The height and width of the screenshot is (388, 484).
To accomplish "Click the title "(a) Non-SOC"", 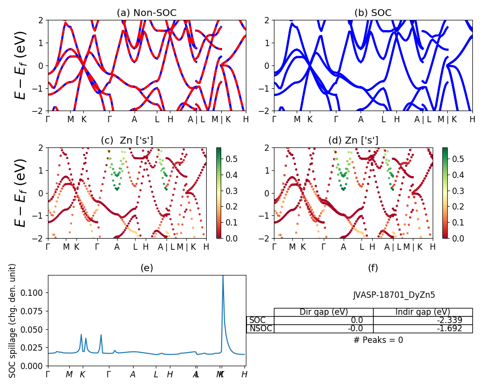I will coord(146,13).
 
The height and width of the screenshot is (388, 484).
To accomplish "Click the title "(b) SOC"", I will coord(373,13).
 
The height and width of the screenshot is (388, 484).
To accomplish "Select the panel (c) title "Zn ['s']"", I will coord(127,140).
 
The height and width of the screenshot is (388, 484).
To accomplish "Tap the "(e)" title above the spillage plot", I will coord(146,268).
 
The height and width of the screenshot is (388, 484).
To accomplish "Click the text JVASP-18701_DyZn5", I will coord(391,295).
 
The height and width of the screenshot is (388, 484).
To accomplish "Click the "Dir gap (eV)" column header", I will coord(324,312).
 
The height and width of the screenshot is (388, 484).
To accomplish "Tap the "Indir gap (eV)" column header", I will coord(423,312).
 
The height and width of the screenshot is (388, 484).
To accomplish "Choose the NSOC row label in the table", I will coord(260,328).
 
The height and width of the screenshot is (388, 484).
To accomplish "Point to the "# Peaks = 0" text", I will coord(378,340).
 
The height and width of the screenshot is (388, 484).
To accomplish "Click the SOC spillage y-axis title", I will coord(13,321).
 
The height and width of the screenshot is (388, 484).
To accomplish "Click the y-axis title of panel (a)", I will coord(20,65).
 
